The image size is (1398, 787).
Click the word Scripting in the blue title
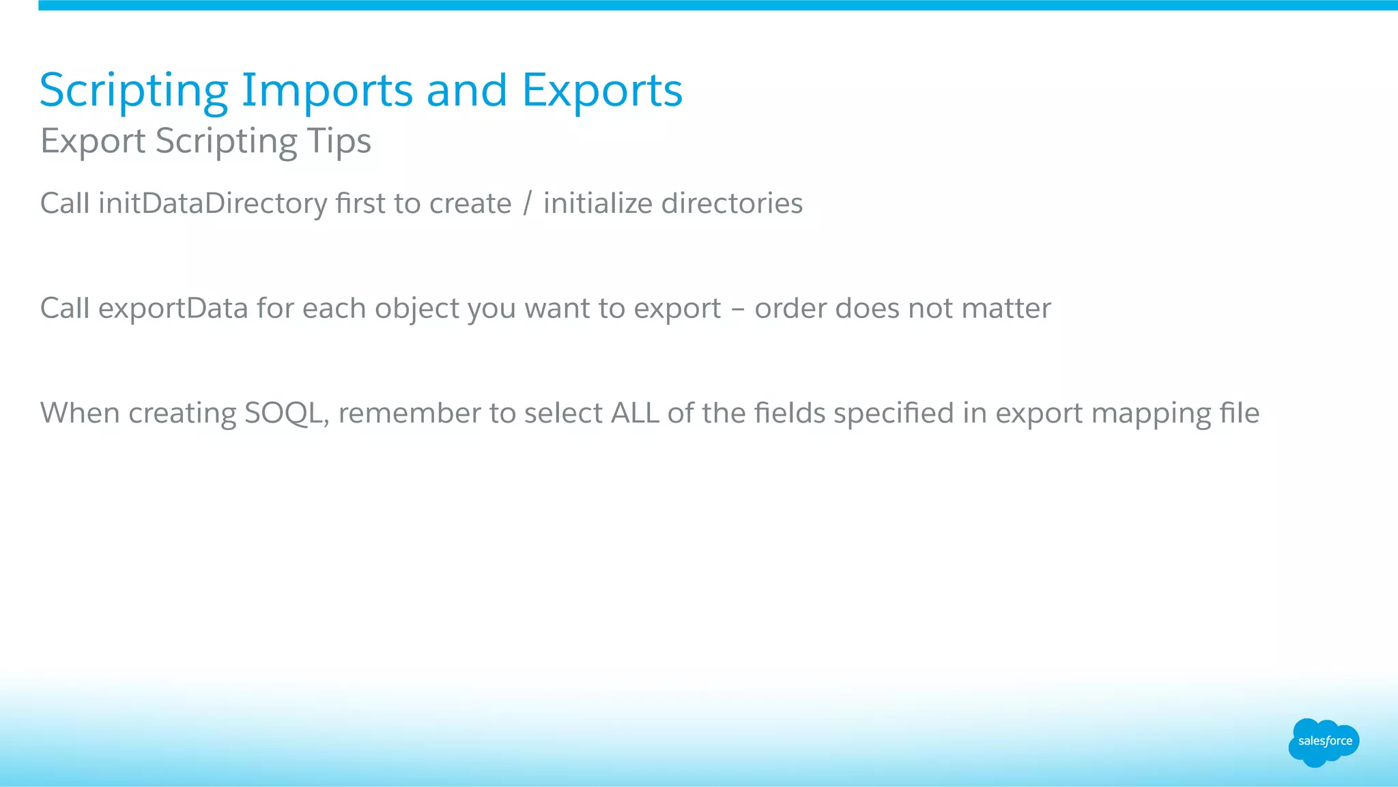[x=134, y=91]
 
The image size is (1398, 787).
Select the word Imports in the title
[x=327, y=91]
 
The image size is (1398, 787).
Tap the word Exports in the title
[x=602, y=91]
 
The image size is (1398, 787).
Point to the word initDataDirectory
[x=212, y=204]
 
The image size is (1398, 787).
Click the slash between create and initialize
[x=527, y=203]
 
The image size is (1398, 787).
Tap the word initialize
[x=597, y=203]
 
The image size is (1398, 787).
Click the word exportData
[x=173, y=309]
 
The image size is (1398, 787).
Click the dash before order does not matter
[x=737, y=309]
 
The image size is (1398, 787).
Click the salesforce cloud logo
[x=1324, y=742]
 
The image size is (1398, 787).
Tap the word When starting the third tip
[x=80, y=413]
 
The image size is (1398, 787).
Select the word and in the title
[x=466, y=91]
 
